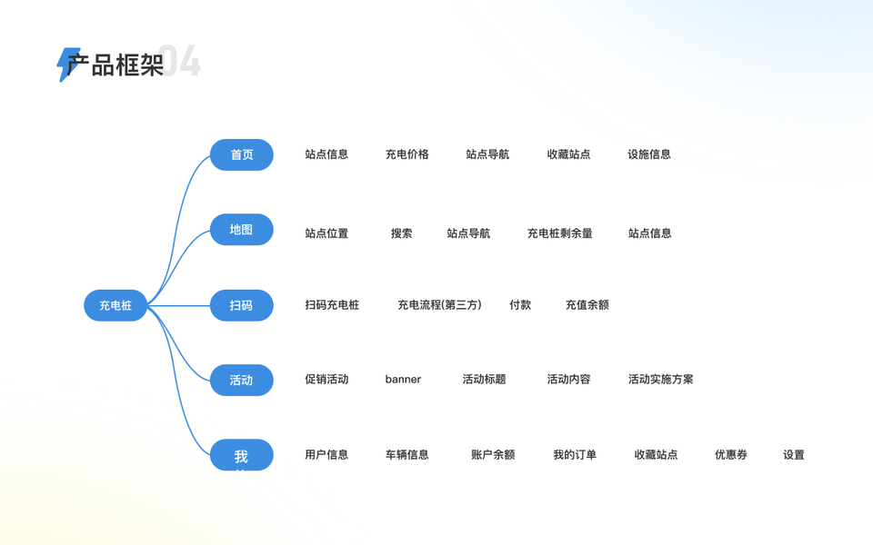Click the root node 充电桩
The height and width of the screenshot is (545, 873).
pos(115,305)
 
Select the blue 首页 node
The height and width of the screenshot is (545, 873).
pos(242,154)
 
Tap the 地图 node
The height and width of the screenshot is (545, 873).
pos(242,230)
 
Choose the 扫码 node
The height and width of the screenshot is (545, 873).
pos(242,305)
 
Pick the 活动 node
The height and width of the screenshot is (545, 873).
pos(242,380)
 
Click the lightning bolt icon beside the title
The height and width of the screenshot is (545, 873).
pos(66,64)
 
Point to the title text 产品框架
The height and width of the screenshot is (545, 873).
pos(115,65)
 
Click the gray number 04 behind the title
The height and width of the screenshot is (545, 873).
pos(182,62)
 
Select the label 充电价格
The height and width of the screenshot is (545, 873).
pos(406,154)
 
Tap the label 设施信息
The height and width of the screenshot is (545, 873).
pos(649,154)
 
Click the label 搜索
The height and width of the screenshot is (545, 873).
pos(401,233)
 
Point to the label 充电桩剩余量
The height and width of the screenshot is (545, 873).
pos(559,233)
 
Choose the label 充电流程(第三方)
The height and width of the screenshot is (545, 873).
pos(439,305)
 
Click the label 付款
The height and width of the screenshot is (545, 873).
pos(520,305)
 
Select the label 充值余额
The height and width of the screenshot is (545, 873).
pos(587,305)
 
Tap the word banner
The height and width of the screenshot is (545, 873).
pos(403,380)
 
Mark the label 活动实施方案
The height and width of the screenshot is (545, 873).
pos(660,380)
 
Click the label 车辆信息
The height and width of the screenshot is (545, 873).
pos(406,455)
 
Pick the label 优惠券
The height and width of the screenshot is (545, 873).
pos(730,455)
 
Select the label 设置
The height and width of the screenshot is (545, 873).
pos(793,455)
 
